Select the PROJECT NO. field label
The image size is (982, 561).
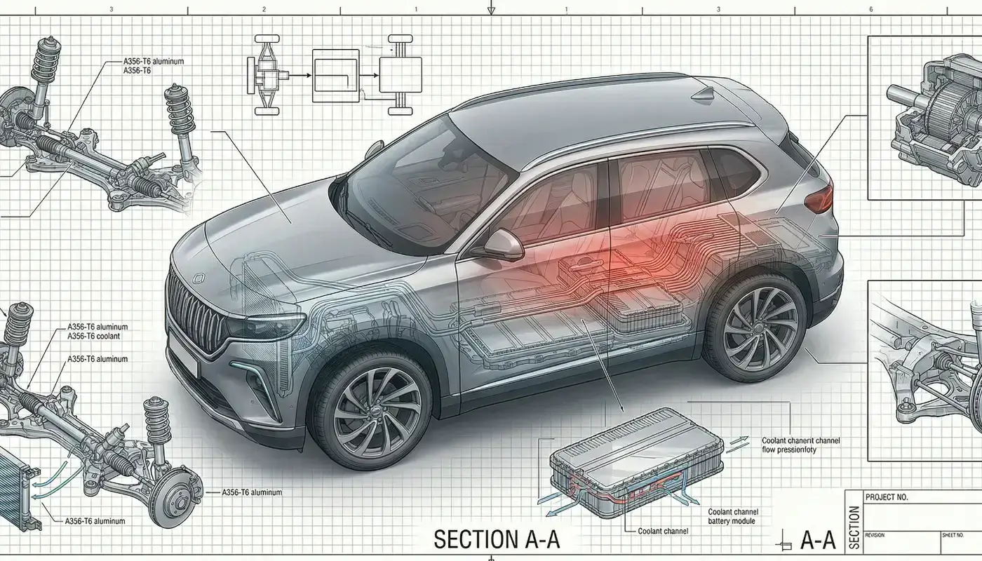[x=887, y=497]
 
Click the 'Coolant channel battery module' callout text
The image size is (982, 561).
[x=733, y=517]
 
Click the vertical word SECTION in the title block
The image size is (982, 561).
[x=853, y=526]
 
